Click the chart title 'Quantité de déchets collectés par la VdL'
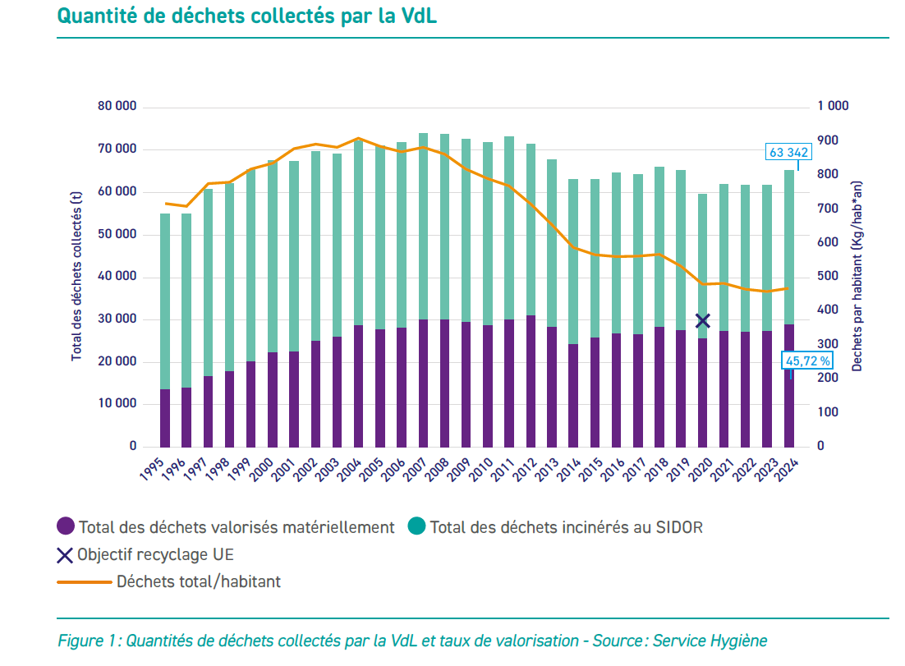click(246, 16)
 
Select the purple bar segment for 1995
click(165, 418)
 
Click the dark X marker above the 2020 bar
click(702, 321)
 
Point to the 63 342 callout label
click(788, 152)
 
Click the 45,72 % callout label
click(808, 360)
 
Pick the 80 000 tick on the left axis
click(117, 107)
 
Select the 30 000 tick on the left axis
click(117, 319)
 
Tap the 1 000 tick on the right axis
click(833, 107)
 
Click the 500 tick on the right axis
click(829, 277)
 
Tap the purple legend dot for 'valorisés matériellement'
click(66, 527)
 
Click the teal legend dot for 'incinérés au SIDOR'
click(417, 527)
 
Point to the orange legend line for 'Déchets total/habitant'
click(84, 581)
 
